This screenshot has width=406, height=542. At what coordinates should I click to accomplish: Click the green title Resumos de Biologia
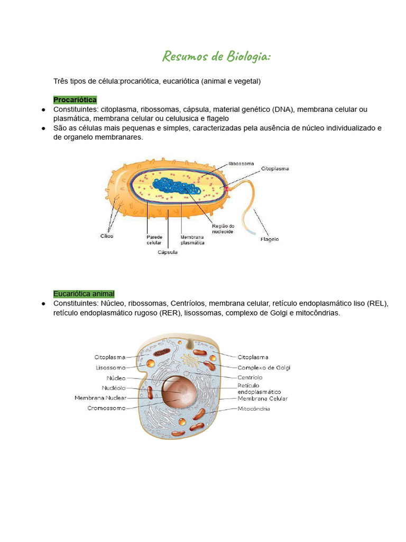coord(216,56)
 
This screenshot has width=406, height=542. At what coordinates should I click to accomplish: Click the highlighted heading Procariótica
coord(75,100)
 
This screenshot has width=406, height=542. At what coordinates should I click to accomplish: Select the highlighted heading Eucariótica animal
coord(84,294)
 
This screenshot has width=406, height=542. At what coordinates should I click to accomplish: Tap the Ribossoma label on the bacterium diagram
coord(241,164)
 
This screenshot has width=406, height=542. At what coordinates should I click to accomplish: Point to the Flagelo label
coord(270,239)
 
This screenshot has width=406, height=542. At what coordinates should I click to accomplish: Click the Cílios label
coord(107,236)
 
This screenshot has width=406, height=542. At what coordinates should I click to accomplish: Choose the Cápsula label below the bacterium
coord(168,252)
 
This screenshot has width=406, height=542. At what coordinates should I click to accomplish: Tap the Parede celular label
coord(154,240)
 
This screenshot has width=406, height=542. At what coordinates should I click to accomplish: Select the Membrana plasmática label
coord(192,240)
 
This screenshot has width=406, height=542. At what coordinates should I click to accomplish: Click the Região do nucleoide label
coord(223,229)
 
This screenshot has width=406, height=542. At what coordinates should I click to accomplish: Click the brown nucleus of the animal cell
coord(179,392)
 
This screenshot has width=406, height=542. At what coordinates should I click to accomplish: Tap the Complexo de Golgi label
coord(264,367)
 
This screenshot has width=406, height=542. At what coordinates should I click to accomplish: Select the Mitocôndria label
coord(254,409)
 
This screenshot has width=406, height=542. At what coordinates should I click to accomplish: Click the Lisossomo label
coord(111,367)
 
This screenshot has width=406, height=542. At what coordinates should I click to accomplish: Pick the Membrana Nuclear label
coord(100,398)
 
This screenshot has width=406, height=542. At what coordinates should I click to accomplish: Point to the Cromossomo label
coord(106,408)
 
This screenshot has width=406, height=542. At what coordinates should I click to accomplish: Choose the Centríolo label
coord(250,377)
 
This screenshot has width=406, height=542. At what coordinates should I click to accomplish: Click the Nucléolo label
coord(114,388)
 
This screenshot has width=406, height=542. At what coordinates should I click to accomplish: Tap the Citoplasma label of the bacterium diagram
coord(275,169)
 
